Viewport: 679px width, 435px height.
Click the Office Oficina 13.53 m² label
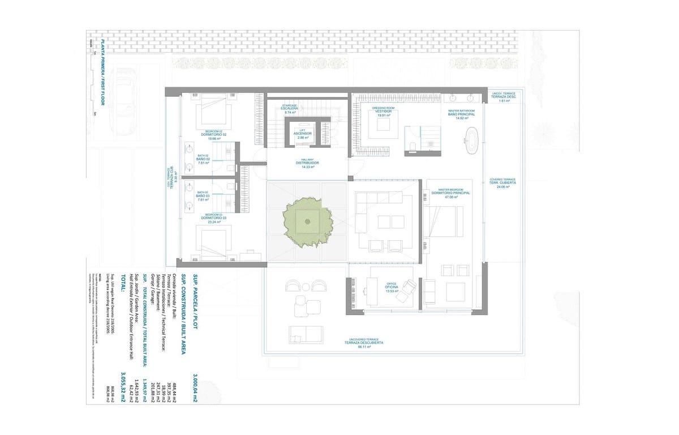tap(391, 287)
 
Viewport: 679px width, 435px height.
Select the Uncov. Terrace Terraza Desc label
tap(504, 96)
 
